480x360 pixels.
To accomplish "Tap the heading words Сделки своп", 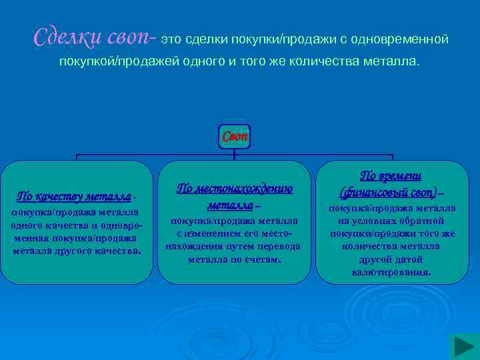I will point(93,37).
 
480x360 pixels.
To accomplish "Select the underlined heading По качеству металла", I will point(74,197).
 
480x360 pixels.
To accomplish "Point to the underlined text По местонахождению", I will point(234,189).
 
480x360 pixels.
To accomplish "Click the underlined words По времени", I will point(391,175).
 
